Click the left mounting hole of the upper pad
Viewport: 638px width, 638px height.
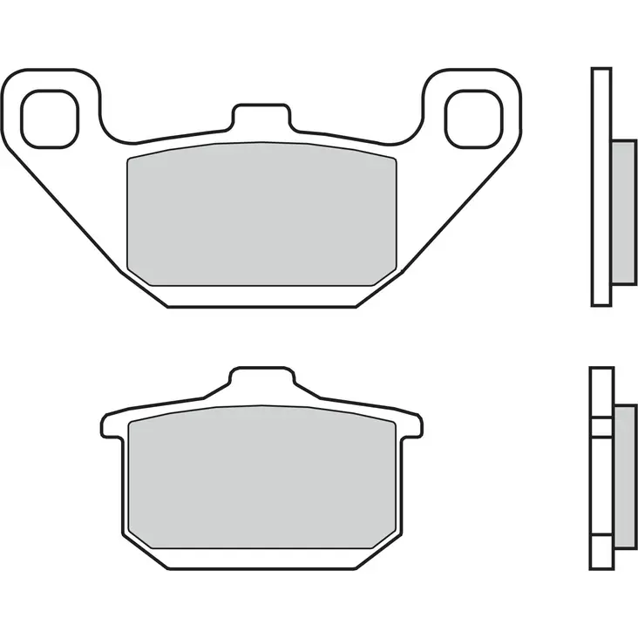(51, 118)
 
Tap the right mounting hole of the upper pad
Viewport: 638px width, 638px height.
(472, 118)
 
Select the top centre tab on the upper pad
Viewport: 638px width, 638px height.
(261, 116)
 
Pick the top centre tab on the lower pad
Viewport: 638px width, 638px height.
(261, 381)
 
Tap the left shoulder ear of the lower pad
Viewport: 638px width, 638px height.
(112, 424)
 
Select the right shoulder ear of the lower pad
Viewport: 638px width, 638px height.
(413, 424)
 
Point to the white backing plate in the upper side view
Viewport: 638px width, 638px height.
(601, 187)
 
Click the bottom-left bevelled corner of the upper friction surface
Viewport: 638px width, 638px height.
(139, 275)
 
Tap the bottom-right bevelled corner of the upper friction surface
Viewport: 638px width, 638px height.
(386, 275)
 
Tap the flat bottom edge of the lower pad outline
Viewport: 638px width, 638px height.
(261, 567)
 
